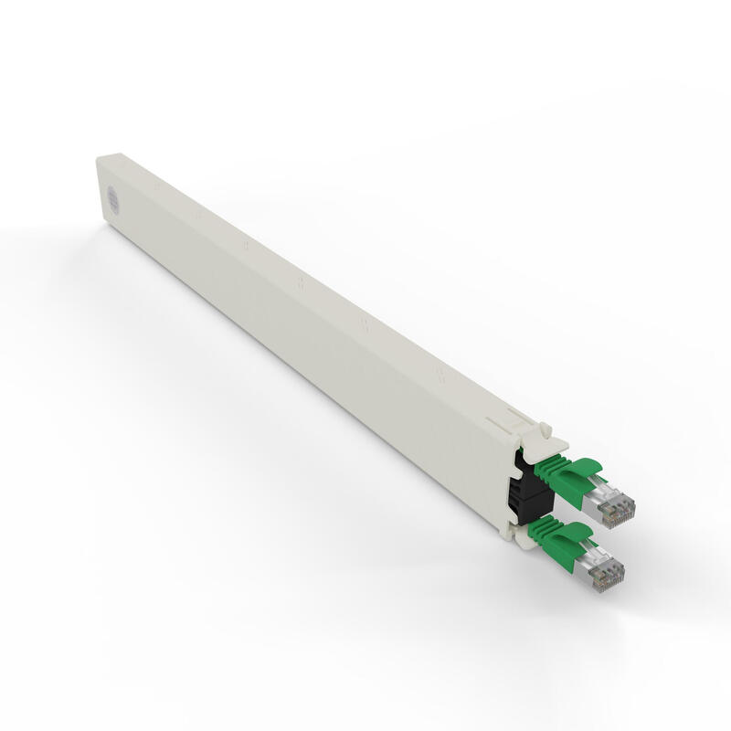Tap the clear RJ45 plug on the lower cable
pyautogui.click(x=598, y=567)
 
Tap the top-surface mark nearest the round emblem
pyautogui.click(x=156, y=184)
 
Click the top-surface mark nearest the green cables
pyautogui.click(x=440, y=372)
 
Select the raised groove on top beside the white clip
pyautogui.click(x=498, y=422)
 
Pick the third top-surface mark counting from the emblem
pyautogui.click(x=245, y=245)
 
